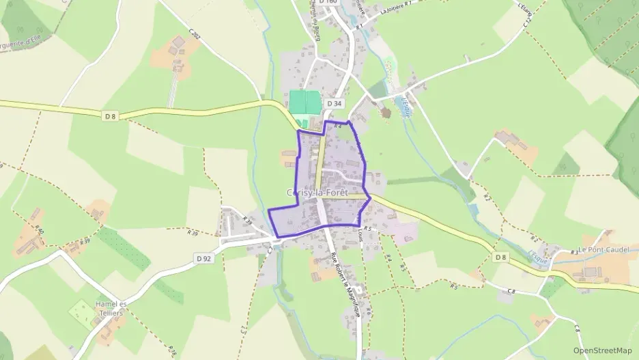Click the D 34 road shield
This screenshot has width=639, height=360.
click(334, 103)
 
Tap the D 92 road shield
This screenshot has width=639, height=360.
click(203, 258)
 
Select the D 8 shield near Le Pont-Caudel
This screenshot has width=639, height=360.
click(500, 257)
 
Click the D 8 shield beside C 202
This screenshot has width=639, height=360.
click(111, 116)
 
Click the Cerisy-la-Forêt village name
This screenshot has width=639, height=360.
click(317, 193)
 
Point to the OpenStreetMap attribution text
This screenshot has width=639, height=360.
click(603, 350)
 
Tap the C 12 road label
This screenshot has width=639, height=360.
click(527, 21)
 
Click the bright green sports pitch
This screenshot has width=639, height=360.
click(304, 102)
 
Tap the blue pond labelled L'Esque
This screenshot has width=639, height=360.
click(401, 105)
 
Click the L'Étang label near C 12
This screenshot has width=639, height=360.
click(524, 6)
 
